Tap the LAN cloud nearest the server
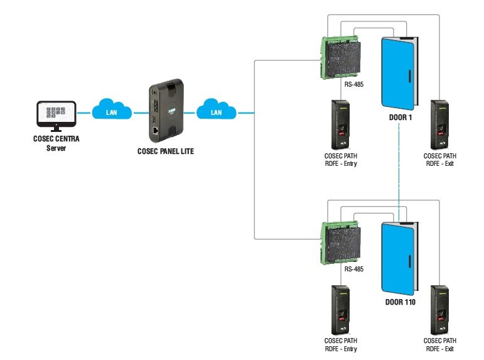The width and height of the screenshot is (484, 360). [112, 111]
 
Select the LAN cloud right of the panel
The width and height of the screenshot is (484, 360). [215, 111]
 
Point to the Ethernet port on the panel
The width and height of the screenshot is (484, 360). [155, 131]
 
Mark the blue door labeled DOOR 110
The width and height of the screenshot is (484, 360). [398, 258]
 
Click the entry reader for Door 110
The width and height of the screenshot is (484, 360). [341, 311]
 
